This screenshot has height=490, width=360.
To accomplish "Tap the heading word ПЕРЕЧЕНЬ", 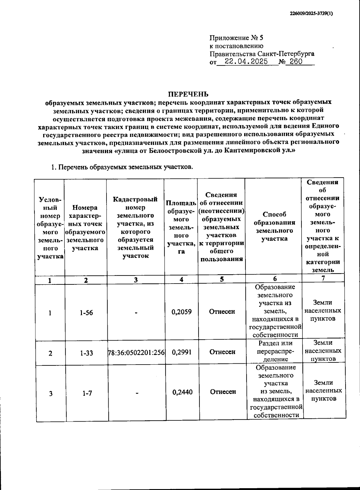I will (x=188, y=94).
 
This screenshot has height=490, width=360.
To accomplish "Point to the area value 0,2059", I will (x=181, y=312).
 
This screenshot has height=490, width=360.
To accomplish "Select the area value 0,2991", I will (x=181, y=352).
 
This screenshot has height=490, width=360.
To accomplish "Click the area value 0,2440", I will (x=182, y=392).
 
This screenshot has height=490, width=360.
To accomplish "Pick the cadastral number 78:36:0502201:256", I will (x=136, y=352).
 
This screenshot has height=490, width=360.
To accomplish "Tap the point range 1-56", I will (x=86, y=313).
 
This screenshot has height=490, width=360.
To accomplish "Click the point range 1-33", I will (x=86, y=353).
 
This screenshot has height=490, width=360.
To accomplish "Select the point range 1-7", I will (x=87, y=393).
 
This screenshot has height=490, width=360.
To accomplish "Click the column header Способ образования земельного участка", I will (x=274, y=227).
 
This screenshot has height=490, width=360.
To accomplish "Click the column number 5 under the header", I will (x=221, y=279).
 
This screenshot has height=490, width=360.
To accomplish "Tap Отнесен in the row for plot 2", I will (x=222, y=352).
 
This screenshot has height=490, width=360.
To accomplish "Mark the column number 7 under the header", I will (x=323, y=278).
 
